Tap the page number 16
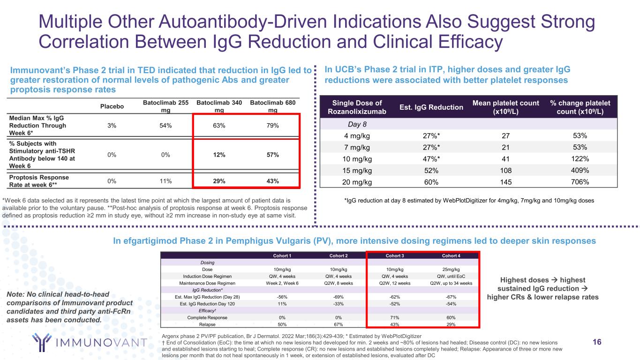[597, 342]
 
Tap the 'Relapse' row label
[207, 324]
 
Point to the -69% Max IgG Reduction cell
[339, 297]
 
